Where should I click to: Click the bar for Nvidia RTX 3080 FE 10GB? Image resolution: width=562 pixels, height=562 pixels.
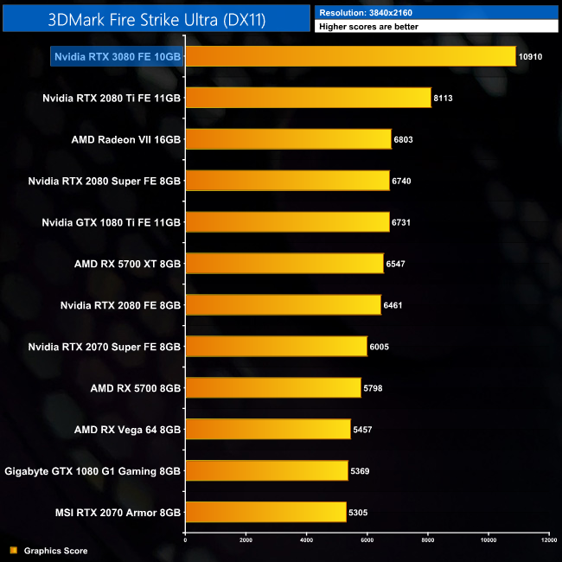coord(350,56)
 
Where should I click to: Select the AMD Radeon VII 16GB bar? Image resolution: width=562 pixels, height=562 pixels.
coord(288,139)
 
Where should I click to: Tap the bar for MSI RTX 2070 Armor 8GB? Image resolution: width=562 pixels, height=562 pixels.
coord(265,513)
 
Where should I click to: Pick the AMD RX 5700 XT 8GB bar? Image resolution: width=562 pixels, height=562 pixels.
coord(284,264)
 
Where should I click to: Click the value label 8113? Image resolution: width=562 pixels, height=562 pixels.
coord(444,98)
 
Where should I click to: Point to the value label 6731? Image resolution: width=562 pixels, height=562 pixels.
coord(406,222)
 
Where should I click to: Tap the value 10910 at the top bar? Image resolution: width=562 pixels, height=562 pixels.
coord(531,56)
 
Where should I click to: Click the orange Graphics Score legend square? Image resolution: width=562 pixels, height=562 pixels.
coord(13,551)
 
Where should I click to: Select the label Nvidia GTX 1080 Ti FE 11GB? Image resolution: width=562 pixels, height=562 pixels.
coord(111,222)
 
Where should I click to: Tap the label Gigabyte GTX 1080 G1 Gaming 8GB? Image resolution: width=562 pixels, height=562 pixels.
coord(93,471)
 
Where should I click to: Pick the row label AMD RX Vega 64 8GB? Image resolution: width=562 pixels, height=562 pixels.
coord(127,430)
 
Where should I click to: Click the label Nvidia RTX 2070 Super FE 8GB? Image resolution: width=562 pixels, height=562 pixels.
coord(104,347)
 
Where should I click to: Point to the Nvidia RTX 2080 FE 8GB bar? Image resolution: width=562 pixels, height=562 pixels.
coord(283,305)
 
